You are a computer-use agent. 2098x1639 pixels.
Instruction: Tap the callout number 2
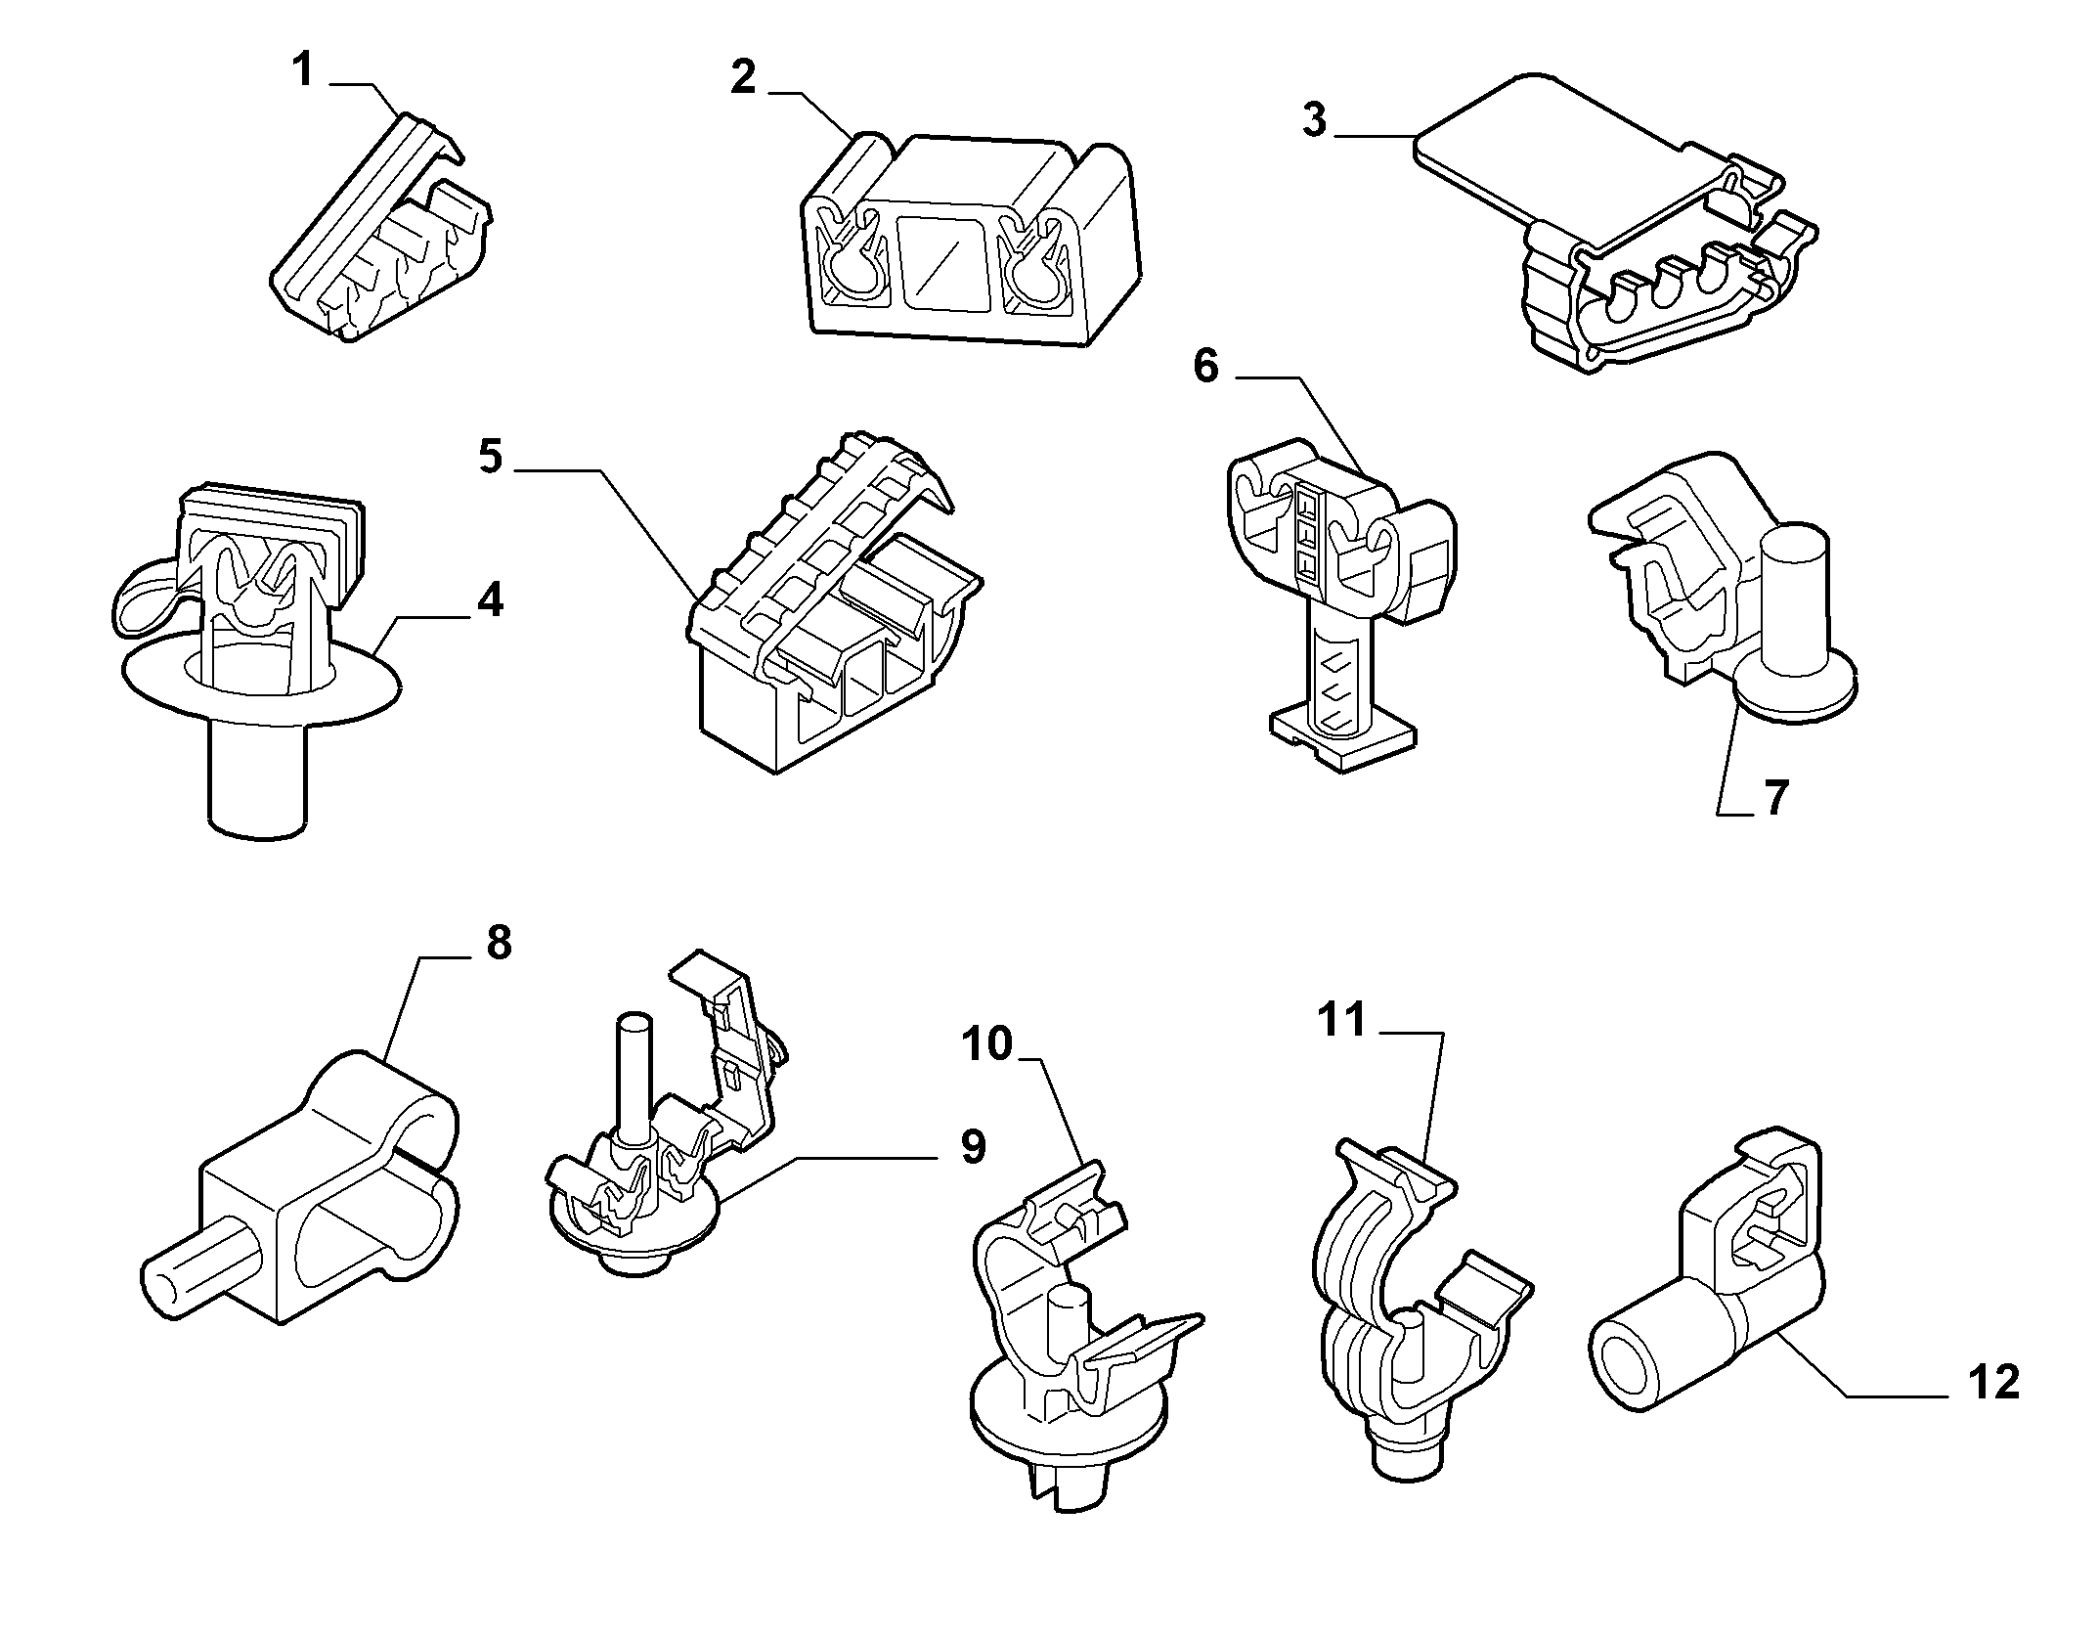[x=743, y=77]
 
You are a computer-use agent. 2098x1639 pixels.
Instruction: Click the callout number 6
[x=1206, y=367]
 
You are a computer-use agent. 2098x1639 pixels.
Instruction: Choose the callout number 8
[x=498, y=943]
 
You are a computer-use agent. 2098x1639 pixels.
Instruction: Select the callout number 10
[x=987, y=1043]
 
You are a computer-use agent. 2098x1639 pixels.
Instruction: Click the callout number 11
[x=1342, y=1020]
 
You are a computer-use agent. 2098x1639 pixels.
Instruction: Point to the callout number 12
[x=1991, y=1383]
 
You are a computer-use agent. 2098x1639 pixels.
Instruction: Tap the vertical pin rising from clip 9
[x=634, y=1078]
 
